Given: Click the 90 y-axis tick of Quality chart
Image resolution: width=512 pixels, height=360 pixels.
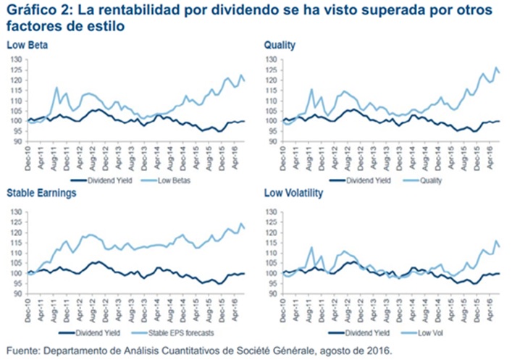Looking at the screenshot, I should point(271,141).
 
